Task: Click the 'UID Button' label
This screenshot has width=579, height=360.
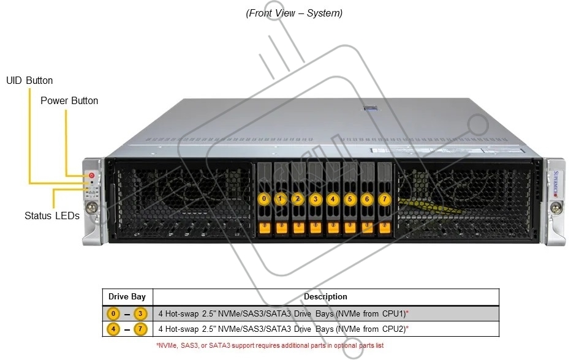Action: pyautogui.click(x=29, y=80)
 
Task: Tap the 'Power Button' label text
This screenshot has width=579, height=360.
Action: pyautogui.click(x=69, y=100)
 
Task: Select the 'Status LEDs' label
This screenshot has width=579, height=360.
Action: pyautogui.click(x=52, y=216)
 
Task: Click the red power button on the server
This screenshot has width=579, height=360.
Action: pyautogui.click(x=91, y=176)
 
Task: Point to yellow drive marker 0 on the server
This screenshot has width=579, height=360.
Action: pyautogui.click(x=263, y=198)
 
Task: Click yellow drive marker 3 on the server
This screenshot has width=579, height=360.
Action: pyautogui.click(x=316, y=199)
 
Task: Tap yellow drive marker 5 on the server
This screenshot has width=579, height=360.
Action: pyautogui.click(x=350, y=199)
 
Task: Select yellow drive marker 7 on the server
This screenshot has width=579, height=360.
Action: pyautogui.click(x=384, y=199)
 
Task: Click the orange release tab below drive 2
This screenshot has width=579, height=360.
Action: pyautogui.click(x=298, y=228)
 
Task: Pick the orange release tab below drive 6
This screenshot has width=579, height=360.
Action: pyautogui.click(x=367, y=228)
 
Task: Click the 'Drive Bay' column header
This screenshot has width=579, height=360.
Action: pyautogui.click(x=127, y=296)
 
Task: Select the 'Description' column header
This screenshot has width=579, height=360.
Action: pyautogui.click(x=325, y=296)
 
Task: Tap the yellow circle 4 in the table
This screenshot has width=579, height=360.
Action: pyautogui.click(x=113, y=329)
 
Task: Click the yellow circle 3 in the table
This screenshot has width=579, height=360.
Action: pyautogui.click(x=140, y=313)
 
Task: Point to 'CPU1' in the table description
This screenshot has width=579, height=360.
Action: pyautogui.click(x=394, y=313)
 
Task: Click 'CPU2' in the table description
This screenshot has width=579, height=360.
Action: pyautogui.click(x=394, y=329)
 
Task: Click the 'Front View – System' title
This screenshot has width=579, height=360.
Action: pyautogui.click(x=294, y=13)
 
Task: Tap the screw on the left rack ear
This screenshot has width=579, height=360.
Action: pyautogui.click(x=91, y=208)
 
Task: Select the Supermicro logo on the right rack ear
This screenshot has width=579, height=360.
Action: pyautogui.click(x=556, y=184)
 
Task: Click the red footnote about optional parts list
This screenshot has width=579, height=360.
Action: pyautogui.click(x=270, y=346)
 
